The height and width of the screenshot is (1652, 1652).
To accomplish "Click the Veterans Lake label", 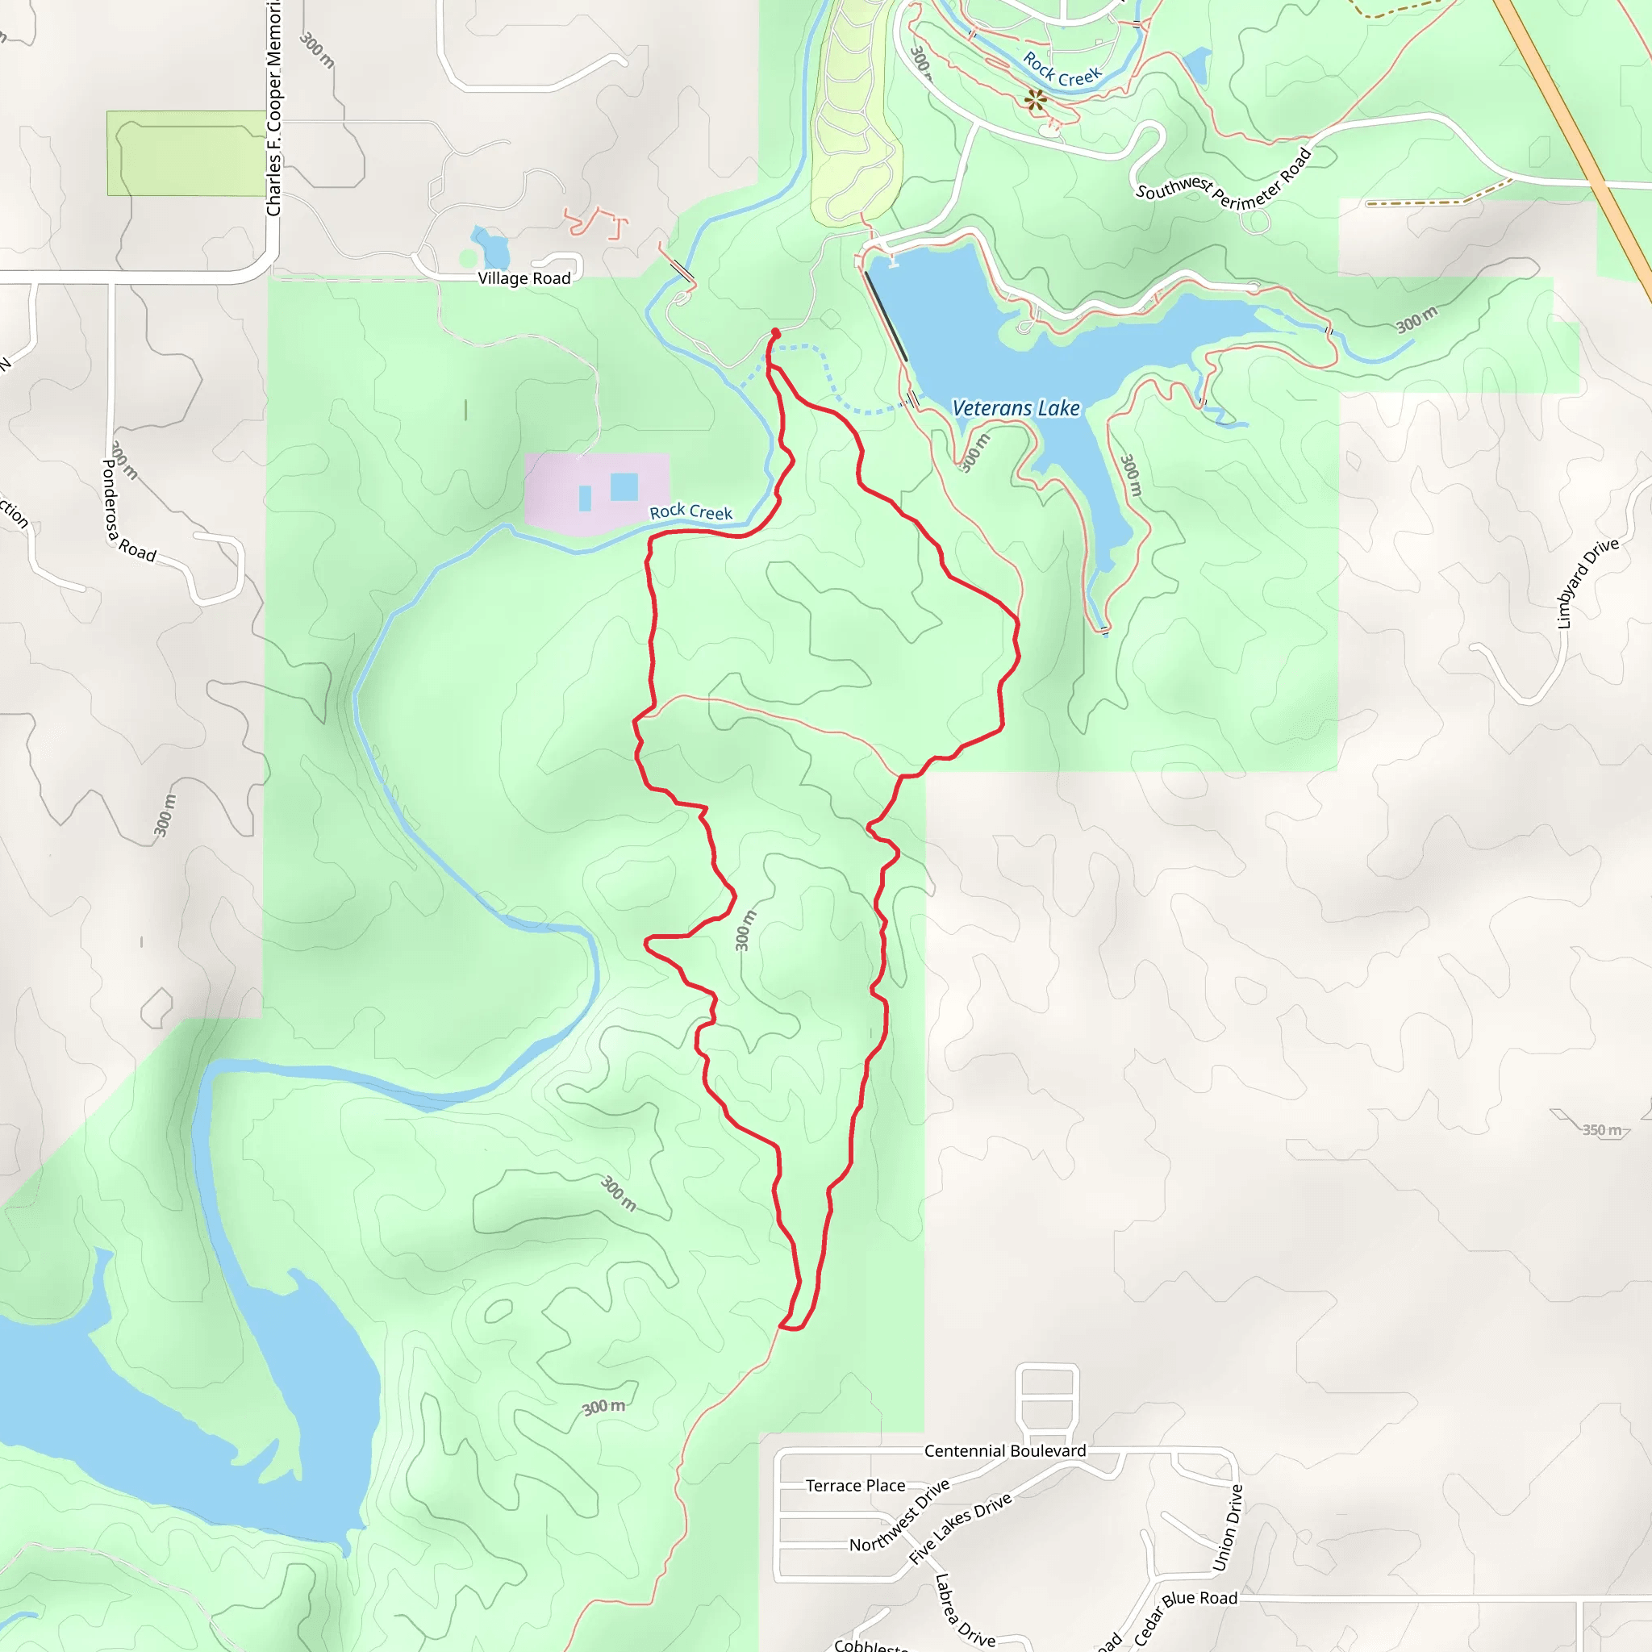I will point(1016,409).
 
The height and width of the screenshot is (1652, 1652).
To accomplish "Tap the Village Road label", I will point(524,279).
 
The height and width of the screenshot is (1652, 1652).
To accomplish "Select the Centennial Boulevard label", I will point(1005,1451).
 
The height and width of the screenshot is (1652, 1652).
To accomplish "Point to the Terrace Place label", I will point(855,1486).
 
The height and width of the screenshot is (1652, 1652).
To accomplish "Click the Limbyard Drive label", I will point(1587,582).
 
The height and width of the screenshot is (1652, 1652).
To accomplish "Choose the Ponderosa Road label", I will point(128,511).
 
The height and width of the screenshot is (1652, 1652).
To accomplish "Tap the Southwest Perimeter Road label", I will point(1223,182).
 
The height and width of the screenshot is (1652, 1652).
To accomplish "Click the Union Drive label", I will point(1228,1527).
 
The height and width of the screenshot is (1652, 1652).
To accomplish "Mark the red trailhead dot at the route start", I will point(775,332).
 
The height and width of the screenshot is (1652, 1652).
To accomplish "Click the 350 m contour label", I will point(1600,1129).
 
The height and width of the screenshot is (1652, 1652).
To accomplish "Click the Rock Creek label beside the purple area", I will point(691,512).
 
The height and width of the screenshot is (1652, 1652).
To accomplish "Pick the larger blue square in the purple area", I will point(624,486).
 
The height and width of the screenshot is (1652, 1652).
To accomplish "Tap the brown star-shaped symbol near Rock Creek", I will point(1036,101).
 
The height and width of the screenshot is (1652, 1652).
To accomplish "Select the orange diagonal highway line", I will point(1573,137).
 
